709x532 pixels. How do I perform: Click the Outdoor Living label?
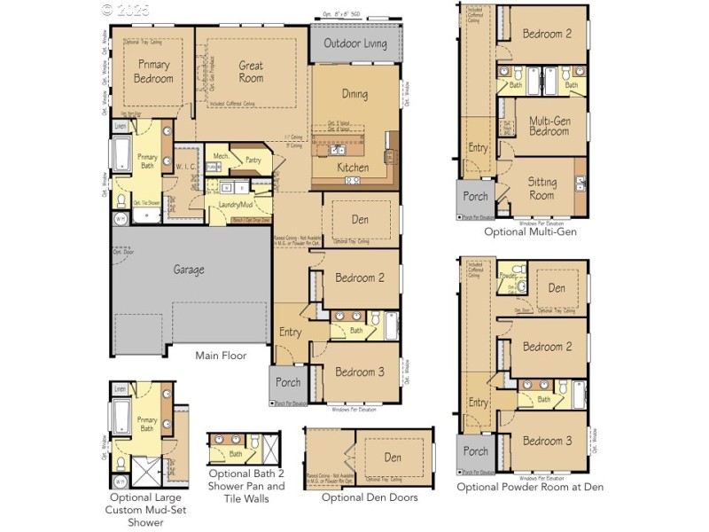coord(355,43)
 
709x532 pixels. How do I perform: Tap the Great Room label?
coord(251,72)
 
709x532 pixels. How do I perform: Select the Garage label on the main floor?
coord(188,270)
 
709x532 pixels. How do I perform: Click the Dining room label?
coord(354,94)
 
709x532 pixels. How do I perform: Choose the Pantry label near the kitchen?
coord(253,160)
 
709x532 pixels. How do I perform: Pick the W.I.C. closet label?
coord(185,166)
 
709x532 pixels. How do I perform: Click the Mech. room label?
coord(221,156)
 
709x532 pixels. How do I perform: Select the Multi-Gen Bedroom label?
coord(549,125)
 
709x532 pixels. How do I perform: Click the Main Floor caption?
coord(221,356)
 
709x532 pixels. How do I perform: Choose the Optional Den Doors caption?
coord(369,497)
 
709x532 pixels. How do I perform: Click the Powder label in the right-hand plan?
coord(508,275)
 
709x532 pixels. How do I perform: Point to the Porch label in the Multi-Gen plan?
coord(477,196)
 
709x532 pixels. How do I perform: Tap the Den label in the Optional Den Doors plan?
coord(393,458)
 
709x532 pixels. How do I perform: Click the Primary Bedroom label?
coord(153,72)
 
